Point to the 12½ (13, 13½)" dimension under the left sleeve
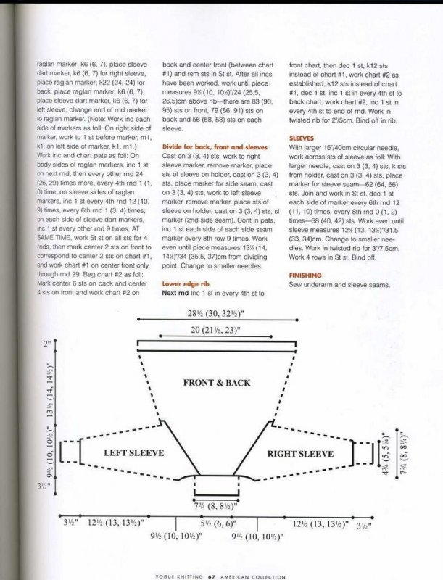click(115, 522)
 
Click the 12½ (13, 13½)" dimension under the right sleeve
click(320, 523)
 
